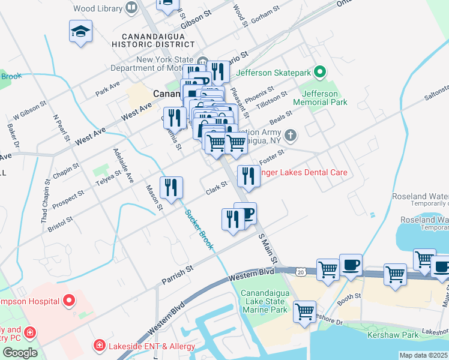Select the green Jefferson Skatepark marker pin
320,73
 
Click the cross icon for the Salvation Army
291,134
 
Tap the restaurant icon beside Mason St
172,188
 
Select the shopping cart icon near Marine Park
305,311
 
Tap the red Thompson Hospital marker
69,283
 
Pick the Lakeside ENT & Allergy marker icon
98,346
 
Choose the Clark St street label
216,188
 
